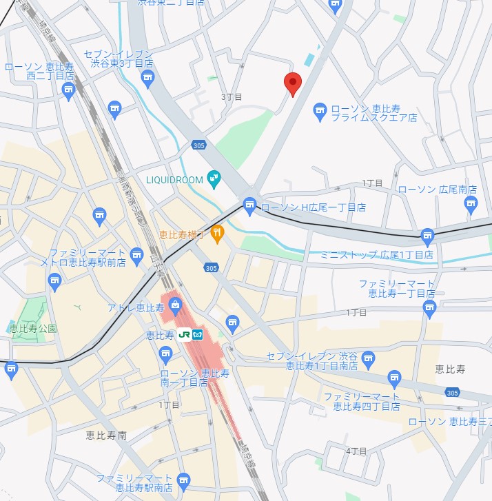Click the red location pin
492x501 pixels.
click(293, 83)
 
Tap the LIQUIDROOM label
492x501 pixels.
click(174, 180)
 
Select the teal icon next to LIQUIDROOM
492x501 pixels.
click(213, 178)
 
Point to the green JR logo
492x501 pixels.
click(184, 335)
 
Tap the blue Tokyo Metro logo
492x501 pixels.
click(198, 335)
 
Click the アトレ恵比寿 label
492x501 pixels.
click(134, 307)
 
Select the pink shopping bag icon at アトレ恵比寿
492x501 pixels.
click(175, 304)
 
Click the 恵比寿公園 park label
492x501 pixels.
click(33, 329)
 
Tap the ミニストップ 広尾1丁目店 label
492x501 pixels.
click(377, 255)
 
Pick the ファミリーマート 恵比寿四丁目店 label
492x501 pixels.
click(362, 402)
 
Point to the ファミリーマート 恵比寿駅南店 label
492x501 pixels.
click(134, 482)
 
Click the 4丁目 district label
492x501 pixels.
click(356, 451)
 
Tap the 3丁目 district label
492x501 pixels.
click(232, 97)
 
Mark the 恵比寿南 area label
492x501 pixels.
click(106, 436)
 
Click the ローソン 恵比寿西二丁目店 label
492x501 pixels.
click(39, 72)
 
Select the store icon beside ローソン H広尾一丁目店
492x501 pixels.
click(249, 205)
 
